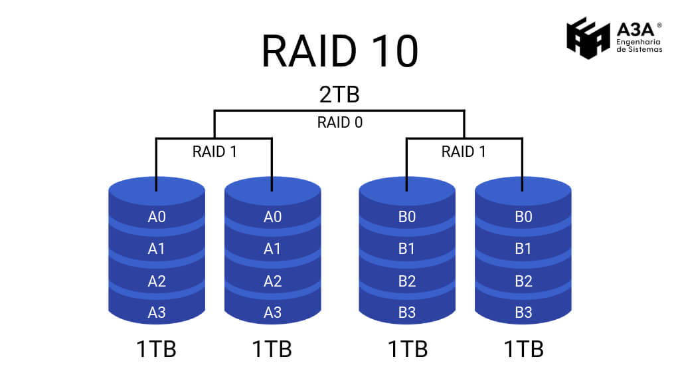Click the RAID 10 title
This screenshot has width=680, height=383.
click(x=339, y=51)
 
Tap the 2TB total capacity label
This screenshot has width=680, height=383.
click(x=339, y=94)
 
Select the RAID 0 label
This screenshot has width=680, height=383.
click(x=339, y=122)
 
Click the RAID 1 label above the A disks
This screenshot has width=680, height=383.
click(x=214, y=152)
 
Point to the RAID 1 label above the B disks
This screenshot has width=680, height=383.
click(x=464, y=152)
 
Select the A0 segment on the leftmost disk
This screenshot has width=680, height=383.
click(x=157, y=217)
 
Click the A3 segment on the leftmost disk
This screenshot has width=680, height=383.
click(x=157, y=312)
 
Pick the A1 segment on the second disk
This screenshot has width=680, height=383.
click(x=272, y=249)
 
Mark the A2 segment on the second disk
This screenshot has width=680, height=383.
click(x=272, y=281)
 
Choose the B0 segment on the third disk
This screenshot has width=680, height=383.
click(x=407, y=217)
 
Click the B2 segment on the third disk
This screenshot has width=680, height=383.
click(x=407, y=281)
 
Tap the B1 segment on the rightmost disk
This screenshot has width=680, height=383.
click(x=523, y=249)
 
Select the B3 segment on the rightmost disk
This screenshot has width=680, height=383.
click(x=523, y=312)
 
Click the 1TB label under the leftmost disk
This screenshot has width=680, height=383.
click(x=157, y=348)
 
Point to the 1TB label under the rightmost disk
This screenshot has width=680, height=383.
click(x=523, y=348)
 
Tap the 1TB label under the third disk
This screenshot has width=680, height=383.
click(x=407, y=348)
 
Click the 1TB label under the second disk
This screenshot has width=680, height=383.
click(x=272, y=348)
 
